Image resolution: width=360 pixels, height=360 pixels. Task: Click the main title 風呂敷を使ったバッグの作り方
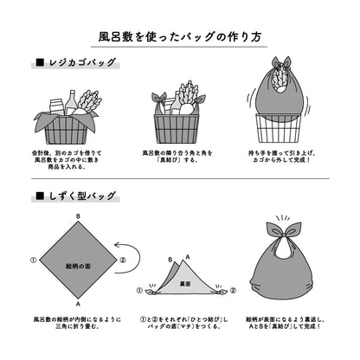click(179, 37)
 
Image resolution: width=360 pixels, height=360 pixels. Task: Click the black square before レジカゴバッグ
click(39, 62)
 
